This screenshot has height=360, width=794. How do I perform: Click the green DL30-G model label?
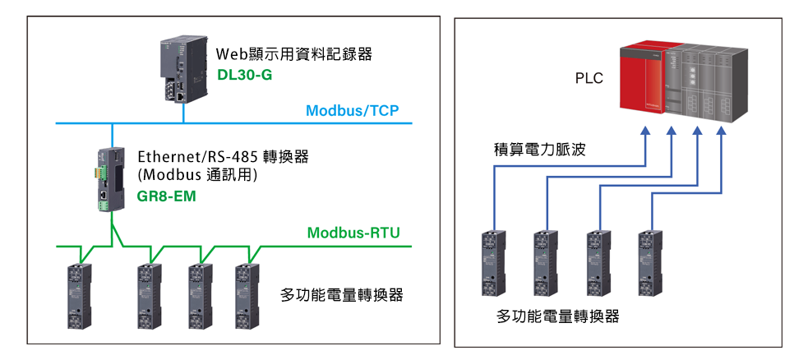(x=244, y=76)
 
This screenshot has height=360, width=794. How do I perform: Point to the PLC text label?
(x=589, y=79)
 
